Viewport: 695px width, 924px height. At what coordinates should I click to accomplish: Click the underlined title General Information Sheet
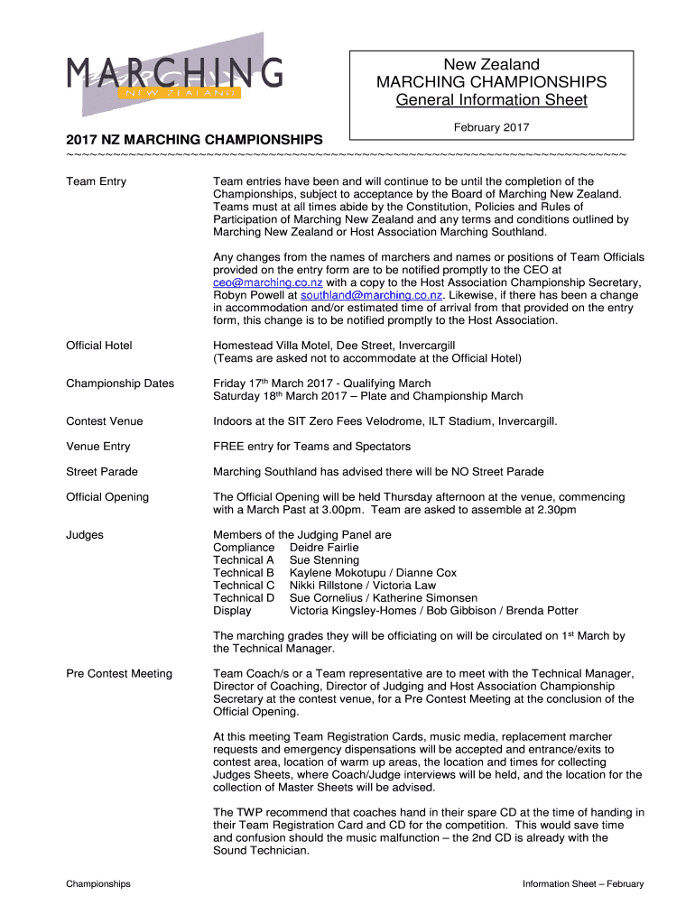[491, 100]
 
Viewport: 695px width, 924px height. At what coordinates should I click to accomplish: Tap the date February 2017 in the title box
[491, 126]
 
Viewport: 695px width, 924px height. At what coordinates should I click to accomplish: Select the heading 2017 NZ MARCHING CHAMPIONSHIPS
[194, 141]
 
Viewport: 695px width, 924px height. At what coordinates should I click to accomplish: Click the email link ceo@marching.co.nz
[267, 282]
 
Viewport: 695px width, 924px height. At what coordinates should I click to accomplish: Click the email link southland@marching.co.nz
[371, 295]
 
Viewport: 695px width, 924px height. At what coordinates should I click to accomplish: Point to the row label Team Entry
[96, 182]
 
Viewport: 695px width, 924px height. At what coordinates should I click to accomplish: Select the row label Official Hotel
[99, 346]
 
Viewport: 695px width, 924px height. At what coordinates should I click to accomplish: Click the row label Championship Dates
[120, 383]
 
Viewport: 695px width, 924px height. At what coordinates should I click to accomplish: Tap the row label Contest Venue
[105, 421]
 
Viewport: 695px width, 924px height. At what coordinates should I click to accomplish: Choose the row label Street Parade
[102, 472]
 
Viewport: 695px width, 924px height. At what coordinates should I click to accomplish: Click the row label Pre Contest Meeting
[119, 674]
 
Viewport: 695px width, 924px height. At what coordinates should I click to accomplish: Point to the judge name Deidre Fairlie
[323, 548]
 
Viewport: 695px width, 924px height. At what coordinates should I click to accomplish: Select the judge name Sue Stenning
[324, 560]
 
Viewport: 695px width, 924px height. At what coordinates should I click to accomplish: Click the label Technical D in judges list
[243, 598]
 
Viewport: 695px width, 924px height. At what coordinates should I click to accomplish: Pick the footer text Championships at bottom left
[98, 884]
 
